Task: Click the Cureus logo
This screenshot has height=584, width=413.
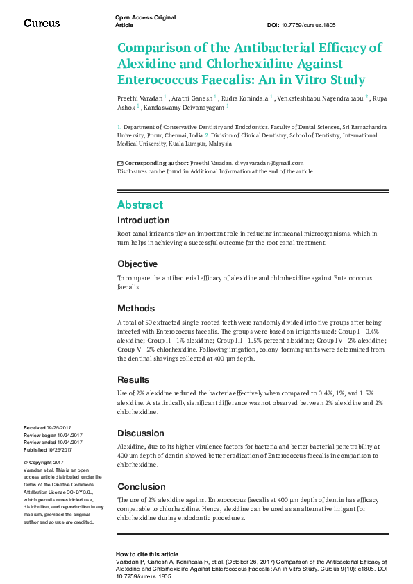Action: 42,23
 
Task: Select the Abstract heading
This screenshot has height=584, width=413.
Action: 140,205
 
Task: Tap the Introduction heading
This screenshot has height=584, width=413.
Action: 143,221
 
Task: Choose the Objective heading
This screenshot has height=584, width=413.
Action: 137,264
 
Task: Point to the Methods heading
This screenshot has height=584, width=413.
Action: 136,309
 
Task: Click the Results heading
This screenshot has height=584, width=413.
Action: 133,380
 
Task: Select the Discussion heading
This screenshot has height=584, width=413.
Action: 141,433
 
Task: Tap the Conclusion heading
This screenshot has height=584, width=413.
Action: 141,486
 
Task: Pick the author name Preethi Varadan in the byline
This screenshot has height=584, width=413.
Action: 140,98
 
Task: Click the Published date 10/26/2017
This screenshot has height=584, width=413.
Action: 66,449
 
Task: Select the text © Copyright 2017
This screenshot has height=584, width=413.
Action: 44,462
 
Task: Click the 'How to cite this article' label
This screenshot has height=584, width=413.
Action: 146,554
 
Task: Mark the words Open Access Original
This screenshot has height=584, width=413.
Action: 145,17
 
